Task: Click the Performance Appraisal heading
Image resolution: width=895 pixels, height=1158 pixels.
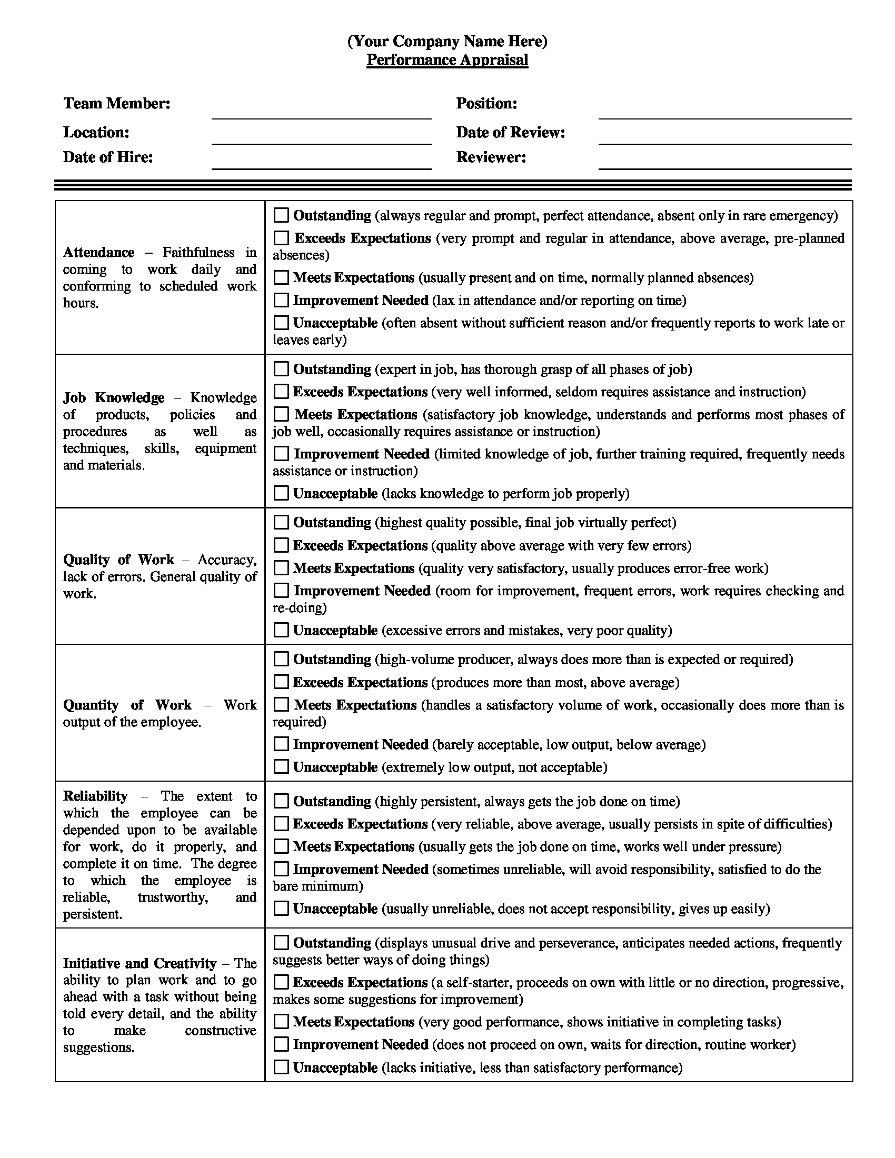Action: click(x=447, y=60)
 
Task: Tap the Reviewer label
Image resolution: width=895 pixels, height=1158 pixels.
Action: click(x=491, y=157)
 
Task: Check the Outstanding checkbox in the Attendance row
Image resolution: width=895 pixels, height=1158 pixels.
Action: click(x=281, y=215)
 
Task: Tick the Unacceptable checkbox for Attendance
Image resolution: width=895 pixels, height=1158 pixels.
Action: click(x=281, y=322)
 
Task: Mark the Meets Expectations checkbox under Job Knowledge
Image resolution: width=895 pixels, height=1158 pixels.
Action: click(x=282, y=414)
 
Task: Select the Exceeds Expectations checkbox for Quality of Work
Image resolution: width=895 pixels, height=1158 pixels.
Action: click(x=281, y=545)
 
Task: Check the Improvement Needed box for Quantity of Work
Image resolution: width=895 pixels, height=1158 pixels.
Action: click(x=281, y=744)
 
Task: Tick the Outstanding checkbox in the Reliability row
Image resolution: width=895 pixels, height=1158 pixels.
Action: click(x=281, y=801)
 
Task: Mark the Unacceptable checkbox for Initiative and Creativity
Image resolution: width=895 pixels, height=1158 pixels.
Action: click(x=281, y=1067)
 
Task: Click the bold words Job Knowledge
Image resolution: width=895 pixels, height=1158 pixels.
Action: click(x=114, y=397)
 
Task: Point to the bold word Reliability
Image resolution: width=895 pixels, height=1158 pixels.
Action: click(x=95, y=796)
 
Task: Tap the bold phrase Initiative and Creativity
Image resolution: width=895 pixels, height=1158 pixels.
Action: click(x=140, y=963)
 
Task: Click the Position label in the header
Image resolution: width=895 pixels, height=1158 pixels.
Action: click(x=486, y=103)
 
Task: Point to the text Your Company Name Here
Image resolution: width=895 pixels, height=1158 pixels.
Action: click(x=447, y=42)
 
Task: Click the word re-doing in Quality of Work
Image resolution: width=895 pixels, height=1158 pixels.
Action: click(x=299, y=607)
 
